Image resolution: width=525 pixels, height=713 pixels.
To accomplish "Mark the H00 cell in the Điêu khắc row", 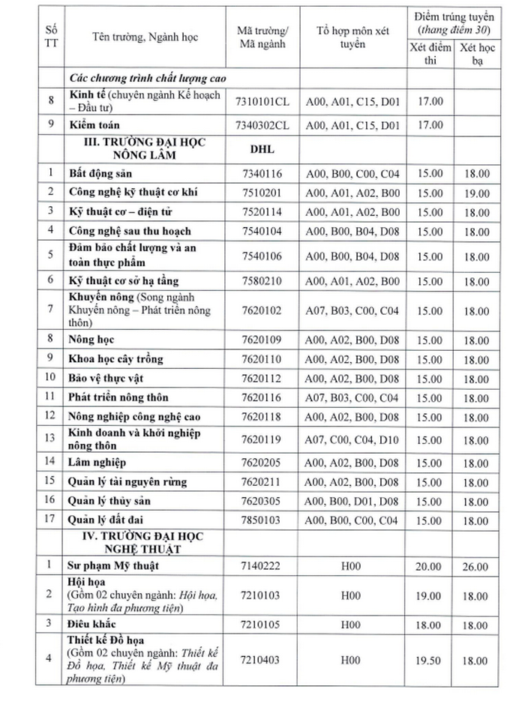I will [352, 624].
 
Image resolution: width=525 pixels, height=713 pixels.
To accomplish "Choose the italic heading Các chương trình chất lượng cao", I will [148, 77].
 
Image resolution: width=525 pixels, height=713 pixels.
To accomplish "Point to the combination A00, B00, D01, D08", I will [352, 501].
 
